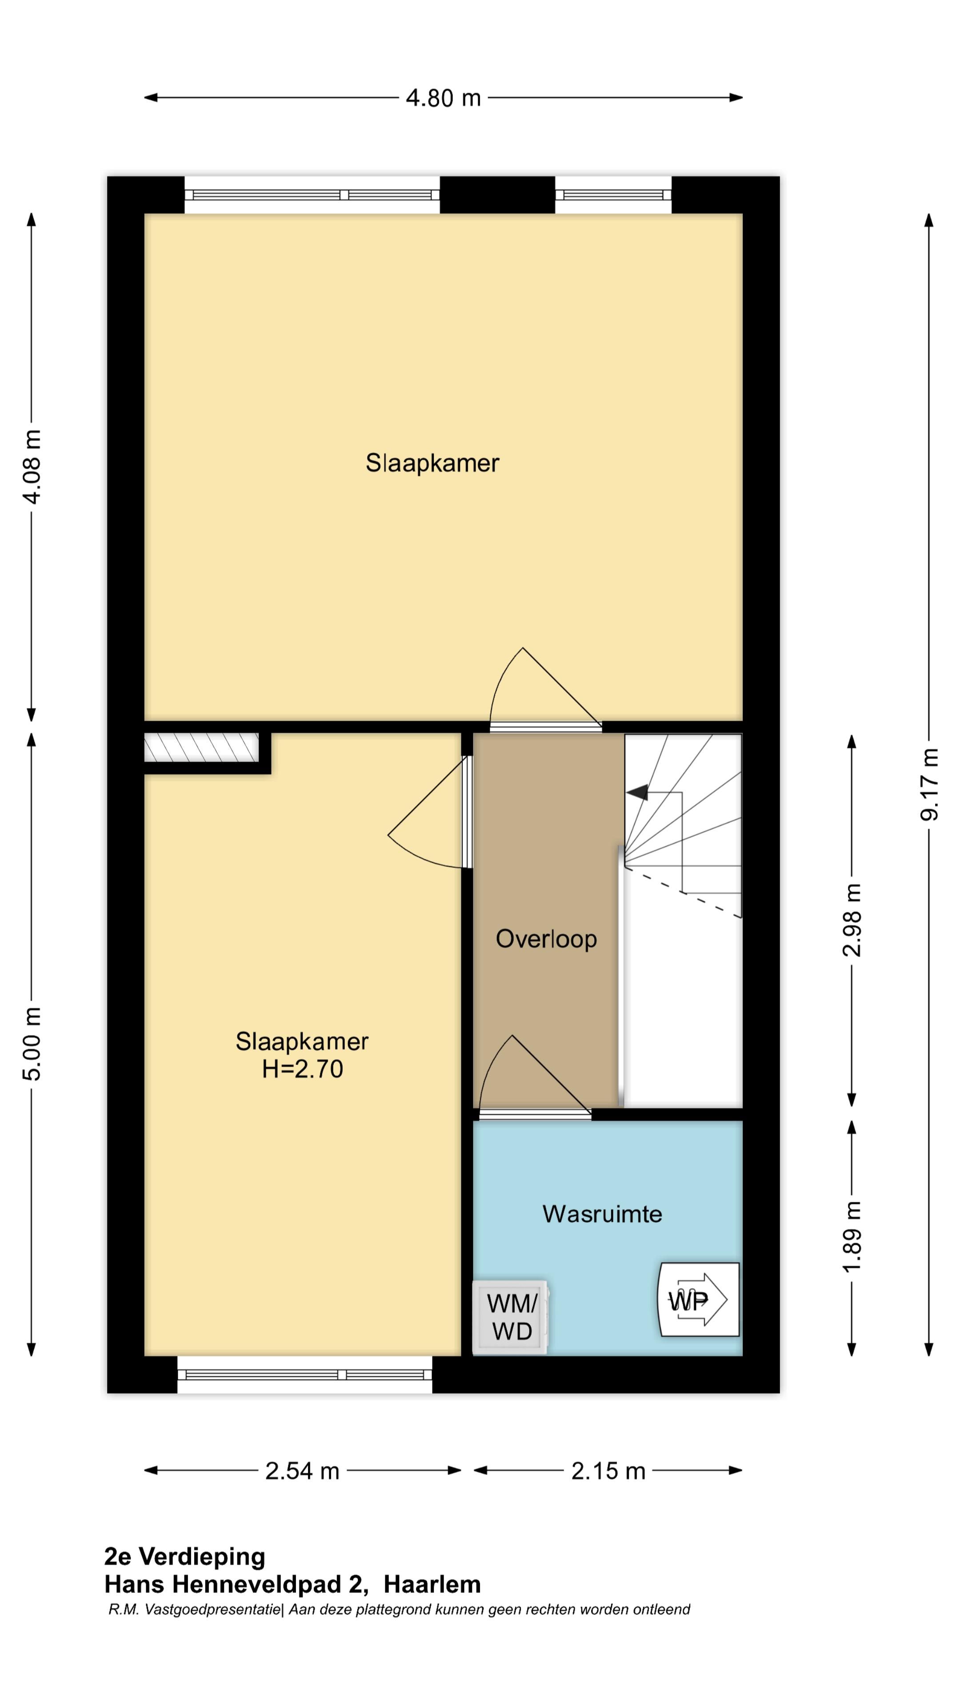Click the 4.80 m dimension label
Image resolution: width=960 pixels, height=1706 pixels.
pyautogui.click(x=443, y=98)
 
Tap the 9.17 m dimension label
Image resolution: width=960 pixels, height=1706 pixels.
pyautogui.click(x=929, y=784)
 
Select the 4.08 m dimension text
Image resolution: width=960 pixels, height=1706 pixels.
pyautogui.click(x=32, y=466)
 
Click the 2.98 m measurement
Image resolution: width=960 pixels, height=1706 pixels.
pyautogui.click(x=852, y=920)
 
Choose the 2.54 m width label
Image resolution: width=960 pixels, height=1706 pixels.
pyautogui.click(x=302, y=1471)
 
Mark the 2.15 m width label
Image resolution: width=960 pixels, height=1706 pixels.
pyautogui.click(x=608, y=1471)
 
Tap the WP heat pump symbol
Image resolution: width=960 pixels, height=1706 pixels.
pyautogui.click(x=698, y=1299)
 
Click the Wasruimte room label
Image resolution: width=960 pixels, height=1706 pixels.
pyautogui.click(x=602, y=1213)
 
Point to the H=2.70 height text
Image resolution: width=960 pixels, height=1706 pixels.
pyautogui.click(x=302, y=1069)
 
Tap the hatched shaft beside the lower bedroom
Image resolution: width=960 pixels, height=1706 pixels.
pyautogui.click(x=201, y=747)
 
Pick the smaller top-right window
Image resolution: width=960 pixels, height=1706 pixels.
pyautogui.click(x=613, y=195)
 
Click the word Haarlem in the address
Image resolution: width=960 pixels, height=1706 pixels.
pyautogui.click(x=432, y=1584)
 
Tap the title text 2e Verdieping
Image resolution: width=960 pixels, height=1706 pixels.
pyautogui.click(x=185, y=1556)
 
